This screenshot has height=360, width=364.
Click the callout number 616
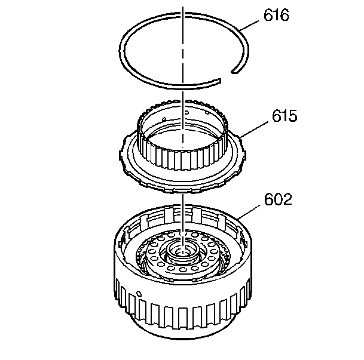coord(276,15)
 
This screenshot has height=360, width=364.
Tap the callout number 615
coord(285,116)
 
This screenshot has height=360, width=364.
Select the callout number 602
coord(278,199)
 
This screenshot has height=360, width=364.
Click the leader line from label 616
coord(249,26)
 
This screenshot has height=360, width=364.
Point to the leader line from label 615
coord(255,130)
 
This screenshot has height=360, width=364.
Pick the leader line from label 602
coord(249,212)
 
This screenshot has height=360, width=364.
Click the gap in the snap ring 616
coord(226,76)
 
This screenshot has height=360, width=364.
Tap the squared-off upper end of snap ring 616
coord(235,71)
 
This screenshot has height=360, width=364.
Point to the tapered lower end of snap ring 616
coord(219,81)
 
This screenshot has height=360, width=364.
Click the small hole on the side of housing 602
coord(139,294)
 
